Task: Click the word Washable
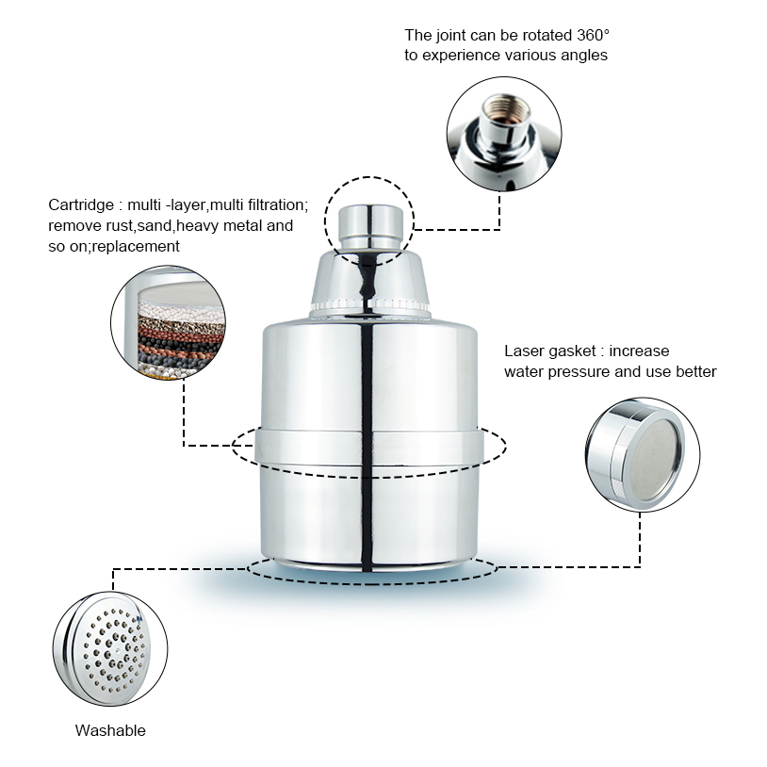pos(110,730)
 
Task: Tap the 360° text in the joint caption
pos(593,35)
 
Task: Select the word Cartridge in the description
pos(81,205)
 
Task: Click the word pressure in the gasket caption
pos(579,372)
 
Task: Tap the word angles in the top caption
pos(584,56)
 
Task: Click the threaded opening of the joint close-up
pos(506,108)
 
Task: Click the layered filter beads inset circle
pos(168,323)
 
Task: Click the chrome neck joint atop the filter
pos(371,227)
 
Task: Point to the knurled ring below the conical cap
pos(369,305)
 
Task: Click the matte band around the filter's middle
pos(367,447)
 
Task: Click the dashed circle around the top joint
pos(325,221)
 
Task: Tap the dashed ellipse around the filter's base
pos(372,583)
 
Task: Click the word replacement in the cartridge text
pos(136,246)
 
